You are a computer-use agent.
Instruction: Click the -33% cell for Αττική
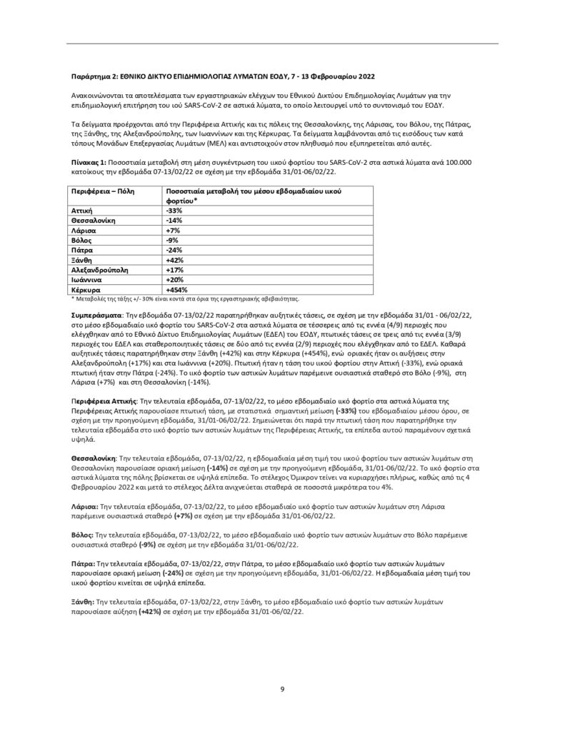pyautogui.click(x=174, y=211)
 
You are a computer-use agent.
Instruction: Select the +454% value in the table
pyautogui.click(x=176, y=291)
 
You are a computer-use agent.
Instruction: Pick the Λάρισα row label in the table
pyautogui.click(x=85, y=231)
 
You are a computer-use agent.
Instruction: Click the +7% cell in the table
pyautogui.click(x=172, y=231)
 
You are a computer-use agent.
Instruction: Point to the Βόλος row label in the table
pyautogui.click(x=83, y=241)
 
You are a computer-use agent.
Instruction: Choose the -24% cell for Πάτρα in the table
pyautogui.click(x=174, y=251)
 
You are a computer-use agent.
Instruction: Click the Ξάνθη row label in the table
pyautogui.click(x=84, y=261)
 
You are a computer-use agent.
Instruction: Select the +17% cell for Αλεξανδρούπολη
pyautogui.click(x=174, y=271)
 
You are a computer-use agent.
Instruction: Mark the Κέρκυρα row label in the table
pyautogui.click(x=88, y=291)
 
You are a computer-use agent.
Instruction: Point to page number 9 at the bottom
pyautogui.click(x=282, y=689)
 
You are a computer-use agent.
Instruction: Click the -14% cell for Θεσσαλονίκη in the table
pyautogui.click(x=174, y=221)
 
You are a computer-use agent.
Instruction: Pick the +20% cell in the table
pyautogui.click(x=174, y=281)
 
